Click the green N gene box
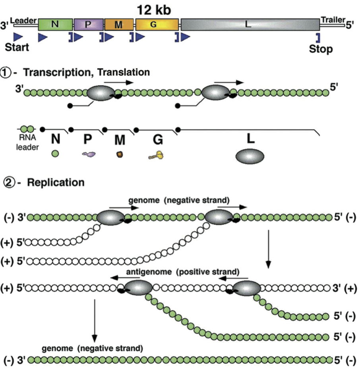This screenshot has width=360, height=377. click(55, 25)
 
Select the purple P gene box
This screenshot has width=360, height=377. click(89, 25)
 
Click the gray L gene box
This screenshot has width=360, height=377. click(249, 25)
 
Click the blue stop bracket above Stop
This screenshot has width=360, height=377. click(318, 37)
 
